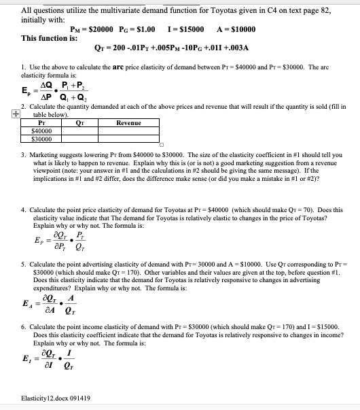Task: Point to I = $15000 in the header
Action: click(x=190, y=29)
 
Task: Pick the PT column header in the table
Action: click(x=42, y=123)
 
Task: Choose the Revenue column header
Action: click(x=129, y=123)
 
